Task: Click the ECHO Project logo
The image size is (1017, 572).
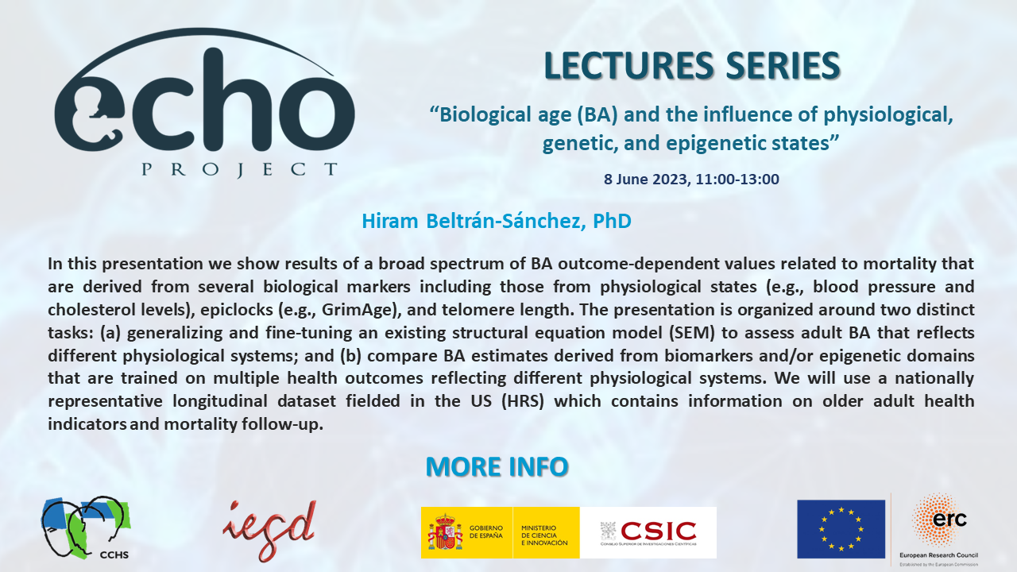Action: point(205,107)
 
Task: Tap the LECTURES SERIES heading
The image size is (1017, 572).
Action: point(691,66)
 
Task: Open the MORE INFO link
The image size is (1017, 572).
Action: point(497,466)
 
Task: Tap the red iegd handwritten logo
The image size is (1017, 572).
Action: point(269,531)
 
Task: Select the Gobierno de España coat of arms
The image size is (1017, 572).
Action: point(446,532)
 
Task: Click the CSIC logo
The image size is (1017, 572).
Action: point(649,531)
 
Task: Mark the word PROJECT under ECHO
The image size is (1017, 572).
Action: point(239,169)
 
